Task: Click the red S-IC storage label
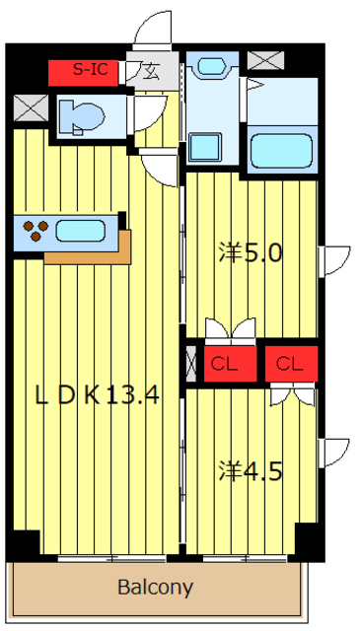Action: pyautogui.click(x=84, y=73)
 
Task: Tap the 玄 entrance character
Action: pyautogui.click(x=151, y=73)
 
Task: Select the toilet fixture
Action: pyautogui.click(x=81, y=116)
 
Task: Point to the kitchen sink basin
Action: pyautogui.click(x=81, y=231)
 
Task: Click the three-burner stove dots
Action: pyautogui.click(x=36, y=230)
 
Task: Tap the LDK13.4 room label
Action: pyautogui.click(x=98, y=396)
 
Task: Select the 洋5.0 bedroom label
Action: pyautogui.click(x=250, y=253)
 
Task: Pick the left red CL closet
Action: pyautogui.click(x=230, y=364)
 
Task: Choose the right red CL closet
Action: pyautogui.click(x=291, y=364)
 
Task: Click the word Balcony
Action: pyautogui.click(x=156, y=588)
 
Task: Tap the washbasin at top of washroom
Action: pyautogui.click(x=212, y=66)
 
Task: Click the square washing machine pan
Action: pyautogui.click(x=205, y=147)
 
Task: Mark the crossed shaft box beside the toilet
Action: pyautogui.click(x=31, y=107)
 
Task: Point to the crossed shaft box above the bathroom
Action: pyautogui.click(x=265, y=60)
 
